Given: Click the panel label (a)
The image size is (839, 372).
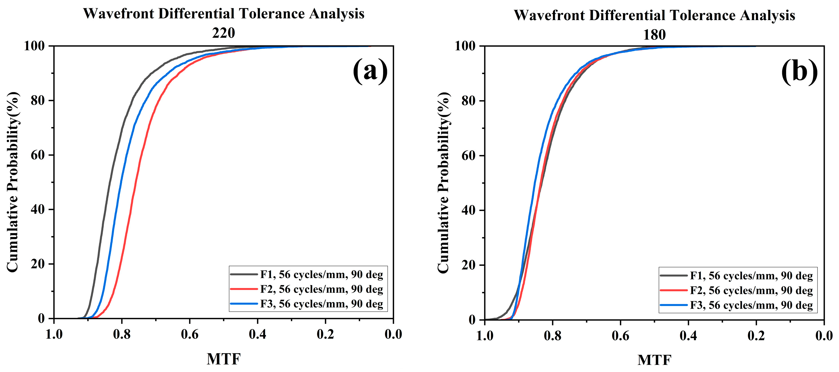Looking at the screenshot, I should pos(370,71).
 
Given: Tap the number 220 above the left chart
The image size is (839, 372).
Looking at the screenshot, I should pos(223,33).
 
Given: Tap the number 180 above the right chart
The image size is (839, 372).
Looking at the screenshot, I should pos(654,34).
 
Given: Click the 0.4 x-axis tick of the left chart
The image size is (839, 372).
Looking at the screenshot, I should pos(257,334).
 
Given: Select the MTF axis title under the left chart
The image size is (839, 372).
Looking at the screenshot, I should pos(223,359).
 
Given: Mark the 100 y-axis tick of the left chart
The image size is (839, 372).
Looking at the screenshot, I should pos(34,46).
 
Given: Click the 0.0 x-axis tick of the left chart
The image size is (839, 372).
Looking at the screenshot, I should pos(393,334).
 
